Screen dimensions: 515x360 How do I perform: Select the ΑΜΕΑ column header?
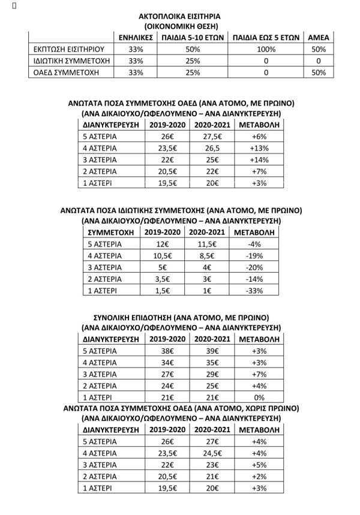click(x=319, y=37)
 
